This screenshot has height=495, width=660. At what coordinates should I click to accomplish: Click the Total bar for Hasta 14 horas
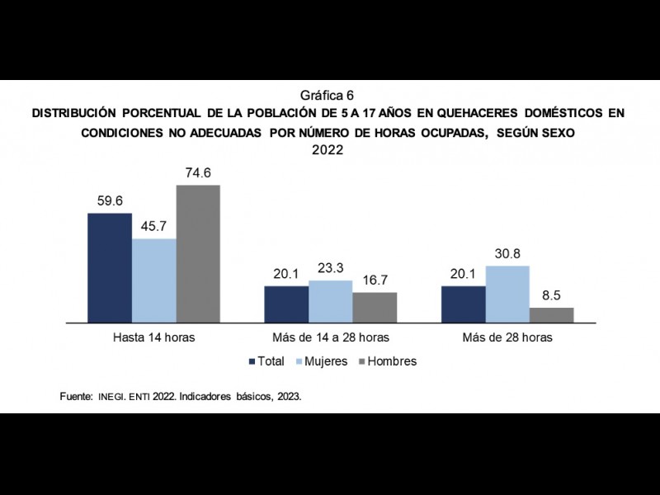(x=110, y=267)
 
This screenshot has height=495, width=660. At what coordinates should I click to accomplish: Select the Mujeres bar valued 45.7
(x=153, y=280)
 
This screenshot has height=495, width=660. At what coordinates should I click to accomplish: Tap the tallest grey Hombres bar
(x=198, y=253)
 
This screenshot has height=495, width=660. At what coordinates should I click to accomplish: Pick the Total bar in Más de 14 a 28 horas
(x=286, y=304)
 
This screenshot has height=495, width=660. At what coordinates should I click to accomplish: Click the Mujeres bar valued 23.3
(x=330, y=301)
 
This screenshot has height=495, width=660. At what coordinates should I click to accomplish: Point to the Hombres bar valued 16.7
(x=375, y=307)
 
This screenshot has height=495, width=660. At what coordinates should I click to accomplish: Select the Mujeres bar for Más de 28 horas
(x=507, y=294)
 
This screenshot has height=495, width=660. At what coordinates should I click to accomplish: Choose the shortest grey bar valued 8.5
(x=551, y=314)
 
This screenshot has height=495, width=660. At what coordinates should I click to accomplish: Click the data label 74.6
(x=198, y=173)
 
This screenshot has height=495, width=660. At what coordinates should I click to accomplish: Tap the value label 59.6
(x=110, y=201)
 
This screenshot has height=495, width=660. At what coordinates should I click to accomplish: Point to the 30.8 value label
(x=507, y=254)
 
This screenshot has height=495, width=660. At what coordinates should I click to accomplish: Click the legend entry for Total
(x=266, y=361)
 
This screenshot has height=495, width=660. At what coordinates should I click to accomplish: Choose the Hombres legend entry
(x=385, y=361)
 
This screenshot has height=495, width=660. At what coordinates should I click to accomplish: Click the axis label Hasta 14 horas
(x=153, y=338)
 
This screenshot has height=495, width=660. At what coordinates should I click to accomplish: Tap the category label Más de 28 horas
(x=507, y=338)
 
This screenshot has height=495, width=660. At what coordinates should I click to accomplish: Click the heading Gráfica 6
(x=330, y=95)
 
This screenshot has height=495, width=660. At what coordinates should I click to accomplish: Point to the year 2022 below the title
(x=330, y=150)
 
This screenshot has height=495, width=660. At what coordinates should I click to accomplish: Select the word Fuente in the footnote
(x=75, y=396)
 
